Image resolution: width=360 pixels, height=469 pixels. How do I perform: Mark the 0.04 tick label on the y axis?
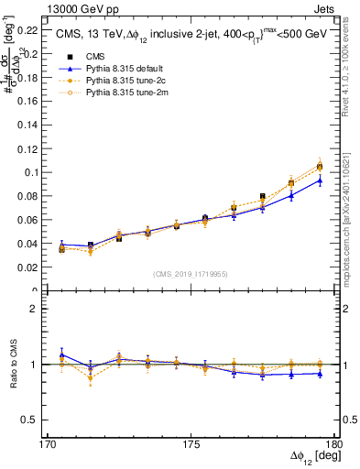(x=34, y=244)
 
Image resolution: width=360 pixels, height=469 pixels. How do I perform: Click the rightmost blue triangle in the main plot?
(x=320, y=180)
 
